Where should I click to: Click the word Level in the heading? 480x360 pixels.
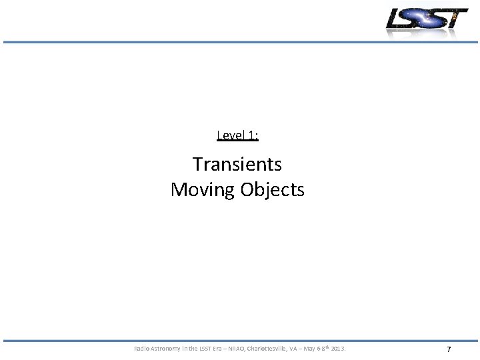pos(231,136)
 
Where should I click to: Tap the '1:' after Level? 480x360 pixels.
pos(253,136)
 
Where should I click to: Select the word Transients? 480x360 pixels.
pos(237,164)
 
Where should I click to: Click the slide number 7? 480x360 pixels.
pos(449,349)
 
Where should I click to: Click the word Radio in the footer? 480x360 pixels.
pos(142,349)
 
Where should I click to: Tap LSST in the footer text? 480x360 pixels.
pos(207,349)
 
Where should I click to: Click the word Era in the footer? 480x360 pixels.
pos(221,349)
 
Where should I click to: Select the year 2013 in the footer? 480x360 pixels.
pos(338,349)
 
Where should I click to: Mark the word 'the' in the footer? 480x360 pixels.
pos(195,349)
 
